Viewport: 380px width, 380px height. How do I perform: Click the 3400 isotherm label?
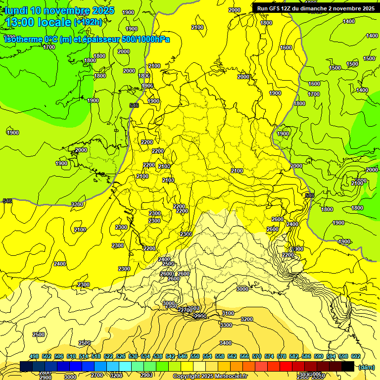click(x=226, y=343)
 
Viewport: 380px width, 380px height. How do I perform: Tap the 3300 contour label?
click(x=226, y=325)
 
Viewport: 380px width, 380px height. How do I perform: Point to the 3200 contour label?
click(x=247, y=319)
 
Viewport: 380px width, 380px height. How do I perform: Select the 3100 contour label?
click(x=228, y=313)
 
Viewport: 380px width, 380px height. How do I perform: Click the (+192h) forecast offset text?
click(x=88, y=22)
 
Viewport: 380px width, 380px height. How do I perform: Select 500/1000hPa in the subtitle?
click(x=148, y=39)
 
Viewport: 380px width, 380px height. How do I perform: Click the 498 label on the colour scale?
click(x=34, y=357)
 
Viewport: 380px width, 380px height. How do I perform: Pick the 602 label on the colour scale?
click(x=356, y=357)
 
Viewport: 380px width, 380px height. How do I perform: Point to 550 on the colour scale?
click(x=195, y=357)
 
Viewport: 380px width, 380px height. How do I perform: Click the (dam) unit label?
click(x=366, y=367)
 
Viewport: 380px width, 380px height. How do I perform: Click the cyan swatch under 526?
click(x=125, y=366)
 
